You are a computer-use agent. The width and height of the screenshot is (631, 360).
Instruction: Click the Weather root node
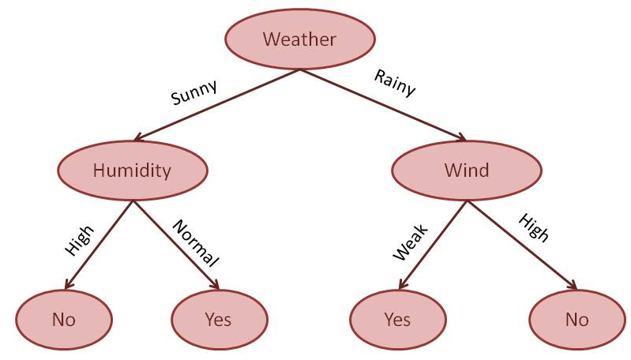tap(299, 39)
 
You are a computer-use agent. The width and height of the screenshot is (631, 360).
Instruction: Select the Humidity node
tap(132, 170)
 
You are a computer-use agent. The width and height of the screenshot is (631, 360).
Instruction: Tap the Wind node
tap(466, 170)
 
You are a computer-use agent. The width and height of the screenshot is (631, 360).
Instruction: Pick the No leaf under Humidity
tap(63, 320)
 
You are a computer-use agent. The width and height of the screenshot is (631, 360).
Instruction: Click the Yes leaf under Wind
tap(397, 320)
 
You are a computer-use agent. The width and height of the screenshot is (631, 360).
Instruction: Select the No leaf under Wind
tap(577, 320)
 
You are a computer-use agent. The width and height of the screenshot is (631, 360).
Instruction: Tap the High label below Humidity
tap(79, 241)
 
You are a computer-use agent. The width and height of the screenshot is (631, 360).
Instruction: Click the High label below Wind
tap(533, 228)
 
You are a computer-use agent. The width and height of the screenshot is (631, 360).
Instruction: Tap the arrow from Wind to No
tap(521, 246)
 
